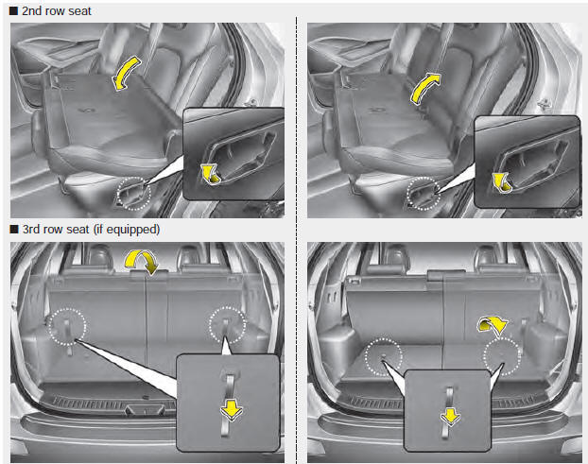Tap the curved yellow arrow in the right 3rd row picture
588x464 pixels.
tap(491, 324)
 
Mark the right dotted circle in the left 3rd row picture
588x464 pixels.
tap(228, 325)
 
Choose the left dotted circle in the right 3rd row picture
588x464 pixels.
tap(384, 356)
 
